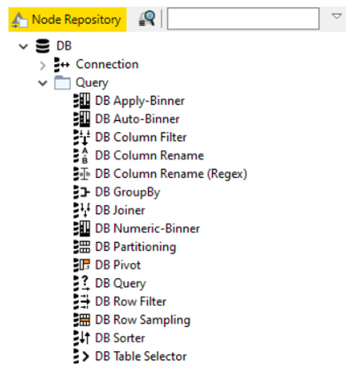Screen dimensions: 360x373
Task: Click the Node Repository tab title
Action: [x=77, y=20]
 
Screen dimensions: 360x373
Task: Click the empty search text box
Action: [x=243, y=19]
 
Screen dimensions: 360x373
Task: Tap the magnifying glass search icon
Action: [x=146, y=19]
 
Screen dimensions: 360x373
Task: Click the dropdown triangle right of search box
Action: [x=337, y=16]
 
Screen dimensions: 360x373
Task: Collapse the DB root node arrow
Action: [x=23, y=47]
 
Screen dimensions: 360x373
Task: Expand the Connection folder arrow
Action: [x=43, y=66]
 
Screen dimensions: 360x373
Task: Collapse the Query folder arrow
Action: [x=43, y=83]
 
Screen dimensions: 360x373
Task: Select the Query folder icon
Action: [x=63, y=82]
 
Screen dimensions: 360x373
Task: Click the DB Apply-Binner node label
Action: [x=140, y=101]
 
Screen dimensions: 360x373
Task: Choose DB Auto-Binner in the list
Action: [x=137, y=119]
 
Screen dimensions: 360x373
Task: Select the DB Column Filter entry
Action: [x=141, y=137]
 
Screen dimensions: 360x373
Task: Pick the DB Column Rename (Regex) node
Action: [x=171, y=174]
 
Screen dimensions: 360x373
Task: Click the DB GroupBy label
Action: [x=128, y=192]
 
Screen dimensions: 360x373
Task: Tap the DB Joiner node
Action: [x=120, y=211]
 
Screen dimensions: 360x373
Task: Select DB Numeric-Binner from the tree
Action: [x=147, y=229]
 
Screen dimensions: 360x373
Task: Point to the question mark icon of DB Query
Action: [x=85, y=283]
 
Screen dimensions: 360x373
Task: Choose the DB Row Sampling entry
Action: [x=143, y=320]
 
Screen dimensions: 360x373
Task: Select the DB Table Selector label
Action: [x=141, y=356]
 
